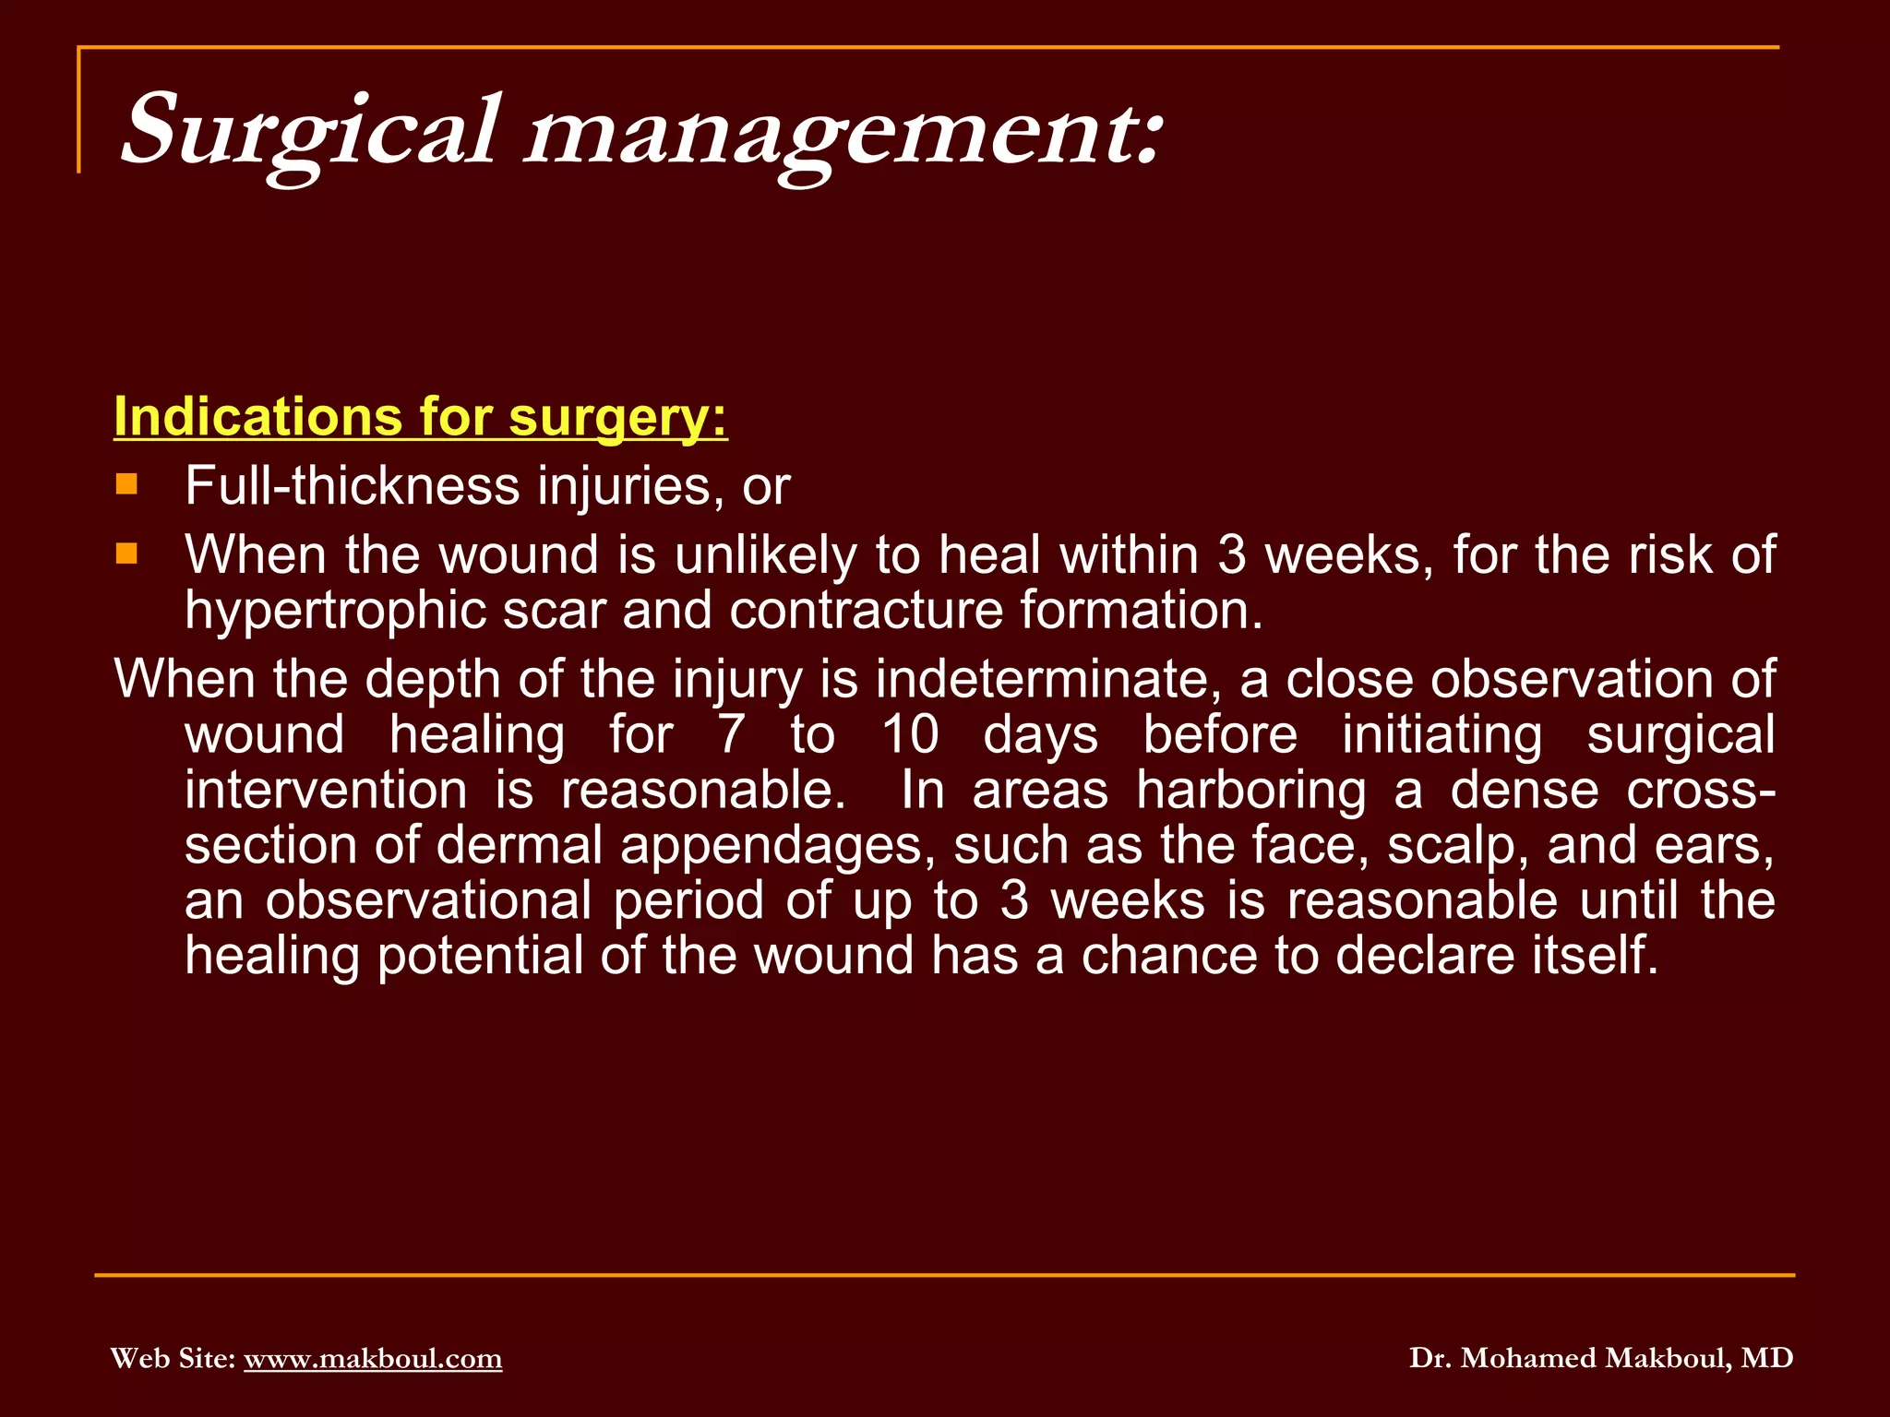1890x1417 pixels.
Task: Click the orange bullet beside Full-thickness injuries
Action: click(x=126, y=484)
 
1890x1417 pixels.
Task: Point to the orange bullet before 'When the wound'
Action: click(x=126, y=554)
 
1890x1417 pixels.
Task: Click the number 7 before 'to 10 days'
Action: click(x=730, y=735)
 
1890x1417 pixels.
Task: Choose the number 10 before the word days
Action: click(x=910, y=735)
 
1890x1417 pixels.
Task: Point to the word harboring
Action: click(x=1250, y=791)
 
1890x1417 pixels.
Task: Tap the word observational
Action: click(x=428, y=900)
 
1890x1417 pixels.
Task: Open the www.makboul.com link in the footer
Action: click(x=373, y=1358)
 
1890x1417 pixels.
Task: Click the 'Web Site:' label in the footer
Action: click(x=173, y=1358)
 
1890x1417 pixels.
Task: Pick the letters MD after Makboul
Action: click(x=1767, y=1358)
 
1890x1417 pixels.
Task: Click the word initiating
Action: click(x=1441, y=735)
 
